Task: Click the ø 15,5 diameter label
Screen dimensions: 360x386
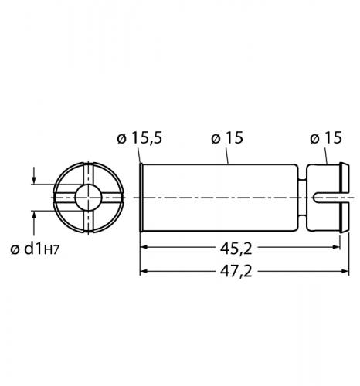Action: point(140,138)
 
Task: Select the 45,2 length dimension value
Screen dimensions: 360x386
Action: point(236,249)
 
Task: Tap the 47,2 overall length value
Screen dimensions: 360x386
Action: point(236,271)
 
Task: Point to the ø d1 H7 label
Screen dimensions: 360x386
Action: point(35,249)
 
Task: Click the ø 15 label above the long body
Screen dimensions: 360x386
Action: point(227,138)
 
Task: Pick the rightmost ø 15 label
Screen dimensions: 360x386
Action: point(326,138)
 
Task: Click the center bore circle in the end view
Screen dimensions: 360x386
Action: point(88,198)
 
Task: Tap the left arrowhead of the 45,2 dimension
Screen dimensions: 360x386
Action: point(144,247)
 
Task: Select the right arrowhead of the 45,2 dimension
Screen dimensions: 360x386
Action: point(337,247)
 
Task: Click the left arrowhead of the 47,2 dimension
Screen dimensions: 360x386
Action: point(144,271)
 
